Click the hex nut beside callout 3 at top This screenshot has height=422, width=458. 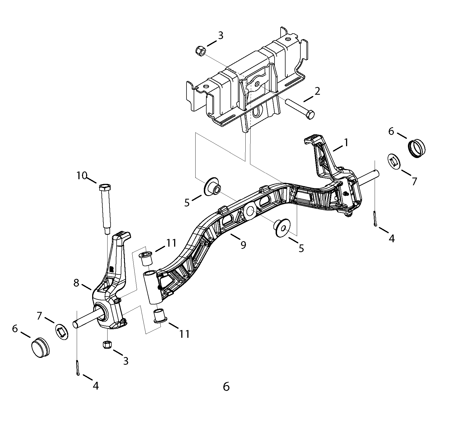pos(200,51)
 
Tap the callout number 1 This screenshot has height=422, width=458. pos(346,143)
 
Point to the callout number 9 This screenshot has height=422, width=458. pos(243,244)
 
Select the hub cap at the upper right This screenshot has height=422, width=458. pos(416,148)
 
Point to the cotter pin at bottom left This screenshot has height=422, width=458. pos(77,367)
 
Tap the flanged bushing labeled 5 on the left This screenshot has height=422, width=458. pos(212,187)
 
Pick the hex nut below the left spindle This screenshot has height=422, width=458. pos(107,345)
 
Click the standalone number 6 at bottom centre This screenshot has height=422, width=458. pos(226,387)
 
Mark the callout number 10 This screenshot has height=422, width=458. pos(82,175)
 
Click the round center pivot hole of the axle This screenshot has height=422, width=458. pos(250,211)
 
